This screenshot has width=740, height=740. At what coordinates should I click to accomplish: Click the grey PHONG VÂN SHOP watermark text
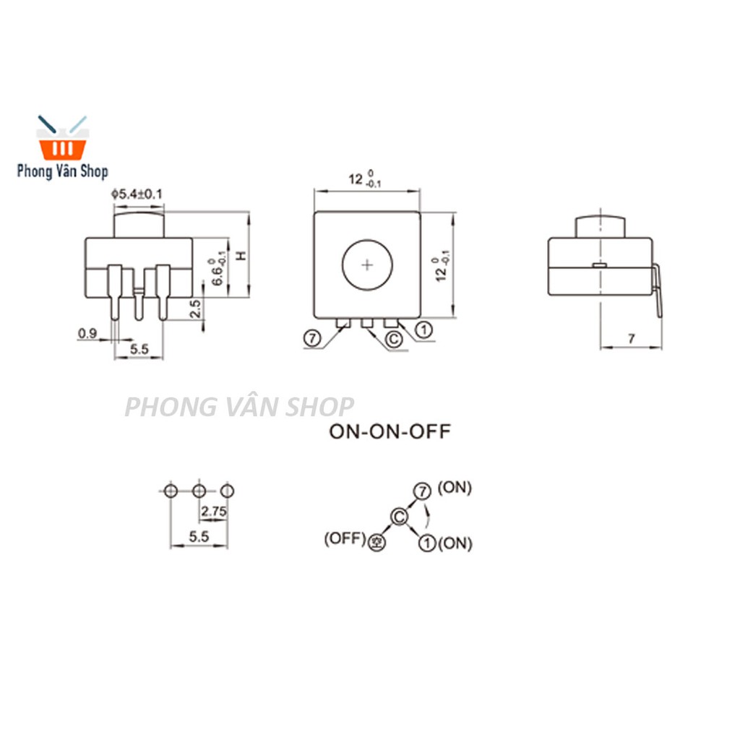239,407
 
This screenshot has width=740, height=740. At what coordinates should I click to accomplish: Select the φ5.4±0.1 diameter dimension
137,194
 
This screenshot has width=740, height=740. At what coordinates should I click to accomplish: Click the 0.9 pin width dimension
87,333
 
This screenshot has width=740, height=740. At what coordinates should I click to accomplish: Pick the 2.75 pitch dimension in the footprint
214,512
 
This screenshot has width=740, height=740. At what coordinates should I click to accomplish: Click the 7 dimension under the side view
631,338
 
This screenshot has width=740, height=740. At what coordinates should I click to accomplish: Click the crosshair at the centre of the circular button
367,265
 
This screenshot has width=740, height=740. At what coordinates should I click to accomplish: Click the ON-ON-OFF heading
390,432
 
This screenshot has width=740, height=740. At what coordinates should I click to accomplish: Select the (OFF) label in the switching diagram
345,538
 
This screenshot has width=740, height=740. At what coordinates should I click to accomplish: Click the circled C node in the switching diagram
399,516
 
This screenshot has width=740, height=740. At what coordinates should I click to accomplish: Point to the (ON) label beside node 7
455,489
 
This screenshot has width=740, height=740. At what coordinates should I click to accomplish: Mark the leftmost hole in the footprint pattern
170,491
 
